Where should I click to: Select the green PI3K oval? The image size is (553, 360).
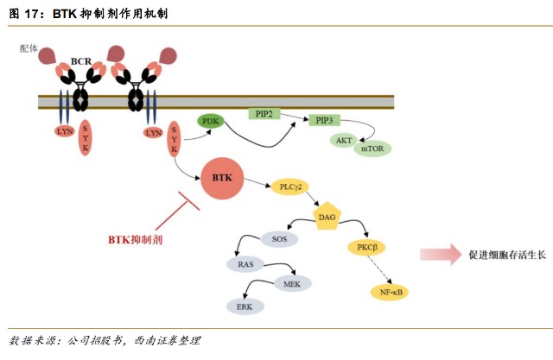pyautogui.click(x=210, y=122)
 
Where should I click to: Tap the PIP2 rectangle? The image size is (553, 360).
pyautogui.click(x=264, y=114)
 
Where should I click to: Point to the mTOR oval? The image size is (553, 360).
pyautogui.click(x=373, y=148)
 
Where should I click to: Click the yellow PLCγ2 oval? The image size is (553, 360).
pyautogui.click(x=291, y=187)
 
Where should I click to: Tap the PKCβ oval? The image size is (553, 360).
pyautogui.click(x=365, y=249)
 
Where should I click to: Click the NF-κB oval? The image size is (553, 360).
pyautogui.click(x=393, y=292)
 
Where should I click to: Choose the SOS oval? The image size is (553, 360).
pyautogui.click(x=280, y=237)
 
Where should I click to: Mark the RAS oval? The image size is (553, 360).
pyautogui.click(x=246, y=264)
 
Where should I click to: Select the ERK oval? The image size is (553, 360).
pyautogui.click(x=245, y=306)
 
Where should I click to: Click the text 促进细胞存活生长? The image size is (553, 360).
pyautogui.click(x=507, y=255)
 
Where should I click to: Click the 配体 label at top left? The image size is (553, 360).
pyautogui.click(x=29, y=48)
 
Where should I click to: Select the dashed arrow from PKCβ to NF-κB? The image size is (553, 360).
pyautogui.click(x=378, y=270)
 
